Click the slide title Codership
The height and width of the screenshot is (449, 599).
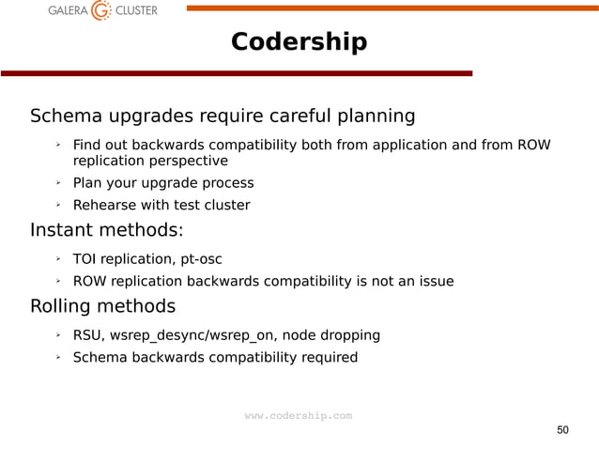click(299, 43)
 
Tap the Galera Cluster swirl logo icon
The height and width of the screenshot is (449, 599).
click(100, 11)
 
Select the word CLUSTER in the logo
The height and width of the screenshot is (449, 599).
click(136, 11)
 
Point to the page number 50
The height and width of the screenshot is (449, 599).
click(562, 429)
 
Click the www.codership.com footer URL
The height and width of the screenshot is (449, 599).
click(299, 415)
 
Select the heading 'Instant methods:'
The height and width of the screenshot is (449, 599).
click(107, 230)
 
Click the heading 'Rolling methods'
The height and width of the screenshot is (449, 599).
click(102, 306)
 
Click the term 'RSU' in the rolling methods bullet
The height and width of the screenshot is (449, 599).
click(87, 334)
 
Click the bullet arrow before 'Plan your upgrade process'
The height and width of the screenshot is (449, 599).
click(57, 182)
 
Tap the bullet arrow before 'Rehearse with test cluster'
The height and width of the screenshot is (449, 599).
click(57, 205)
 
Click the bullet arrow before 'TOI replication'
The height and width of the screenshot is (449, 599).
click(57, 258)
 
